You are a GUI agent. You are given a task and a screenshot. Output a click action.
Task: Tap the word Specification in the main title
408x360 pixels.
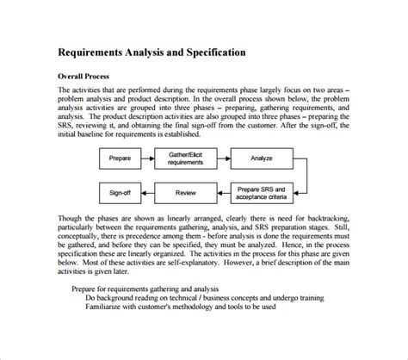(x=209, y=52)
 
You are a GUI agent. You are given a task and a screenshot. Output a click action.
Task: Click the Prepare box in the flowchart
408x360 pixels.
(x=120, y=158)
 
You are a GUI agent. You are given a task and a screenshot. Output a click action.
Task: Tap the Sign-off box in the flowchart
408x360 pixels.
(x=120, y=193)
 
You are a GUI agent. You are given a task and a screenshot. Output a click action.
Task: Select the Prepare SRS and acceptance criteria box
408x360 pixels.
(x=264, y=193)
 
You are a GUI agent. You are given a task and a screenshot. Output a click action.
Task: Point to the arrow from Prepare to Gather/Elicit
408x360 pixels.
(x=148, y=158)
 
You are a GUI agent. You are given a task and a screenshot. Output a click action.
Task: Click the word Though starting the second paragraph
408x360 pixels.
(x=71, y=219)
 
